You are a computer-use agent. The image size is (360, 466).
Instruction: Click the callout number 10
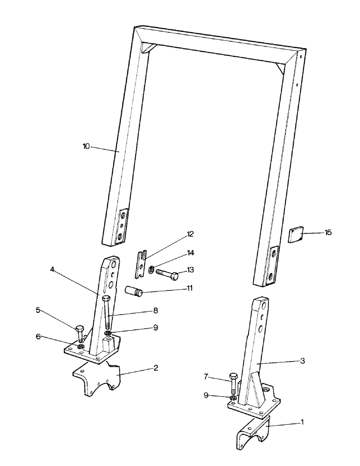(x=86, y=146)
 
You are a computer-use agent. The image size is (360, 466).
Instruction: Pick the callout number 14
(x=191, y=253)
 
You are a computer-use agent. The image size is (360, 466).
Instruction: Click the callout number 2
(x=156, y=368)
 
